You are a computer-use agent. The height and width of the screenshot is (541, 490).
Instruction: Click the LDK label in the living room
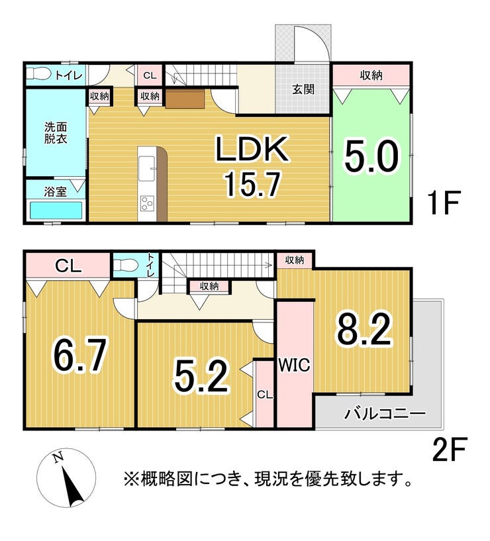click(252, 149)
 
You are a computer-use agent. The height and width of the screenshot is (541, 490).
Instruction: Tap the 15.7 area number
click(252, 184)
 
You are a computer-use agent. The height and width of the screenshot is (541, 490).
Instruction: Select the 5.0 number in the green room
click(371, 157)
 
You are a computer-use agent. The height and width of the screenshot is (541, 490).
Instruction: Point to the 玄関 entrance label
click(303, 89)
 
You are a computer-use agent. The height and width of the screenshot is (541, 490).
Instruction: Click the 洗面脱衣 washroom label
click(56, 133)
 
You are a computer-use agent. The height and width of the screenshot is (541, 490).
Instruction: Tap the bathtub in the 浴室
click(56, 211)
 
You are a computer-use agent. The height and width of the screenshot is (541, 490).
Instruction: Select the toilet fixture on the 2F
click(126, 266)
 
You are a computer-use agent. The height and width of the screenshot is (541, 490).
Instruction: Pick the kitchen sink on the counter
click(146, 168)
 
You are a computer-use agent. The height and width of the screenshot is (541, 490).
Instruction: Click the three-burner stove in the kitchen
click(147, 203)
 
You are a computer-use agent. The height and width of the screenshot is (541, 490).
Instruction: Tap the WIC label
click(295, 366)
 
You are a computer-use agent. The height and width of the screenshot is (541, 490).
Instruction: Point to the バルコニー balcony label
click(385, 413)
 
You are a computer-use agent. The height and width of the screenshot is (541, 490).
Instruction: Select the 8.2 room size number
click(364, 330)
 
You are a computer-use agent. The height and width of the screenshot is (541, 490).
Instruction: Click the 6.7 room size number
click(79, 356)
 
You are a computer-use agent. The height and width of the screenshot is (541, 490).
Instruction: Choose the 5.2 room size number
click(201, 377)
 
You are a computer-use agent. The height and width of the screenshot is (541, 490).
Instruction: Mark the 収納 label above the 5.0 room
click(371, 75)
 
